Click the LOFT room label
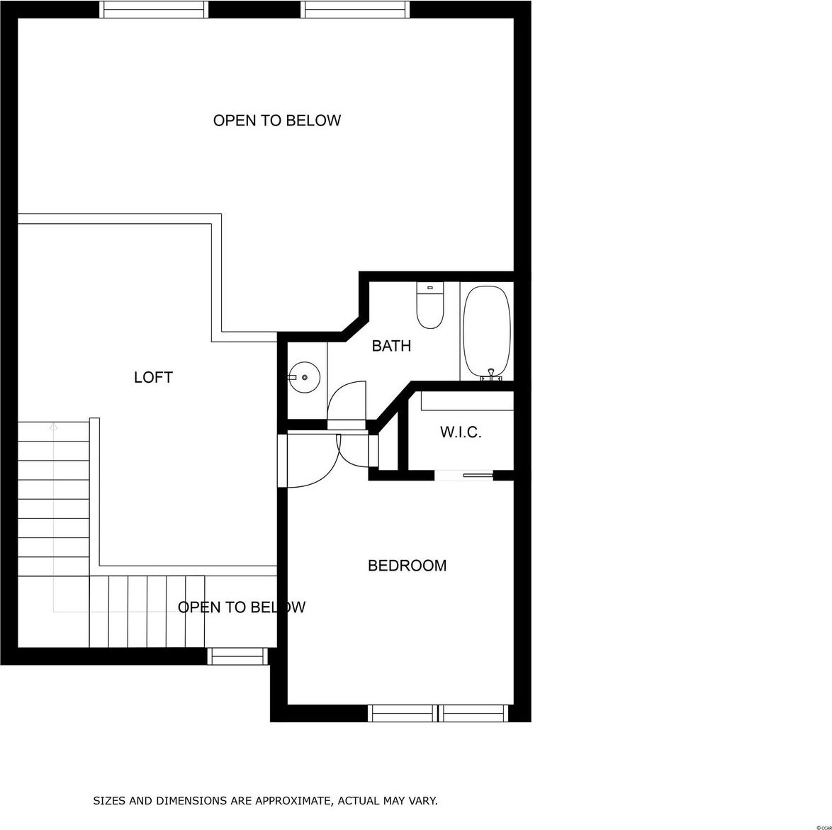coord(153,377)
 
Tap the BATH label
coord(392,346)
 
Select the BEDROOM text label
coord(407,566)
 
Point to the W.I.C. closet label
coord(461,432)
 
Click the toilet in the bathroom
coord(429,305)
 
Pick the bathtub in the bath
coord(487,332)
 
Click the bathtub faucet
coord(491,375)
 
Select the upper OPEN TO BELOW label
coord(277,120)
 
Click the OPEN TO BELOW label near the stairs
coord(242,607)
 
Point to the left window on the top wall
coord(154,9)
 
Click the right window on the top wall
coord(356,9)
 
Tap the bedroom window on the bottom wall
coord(438,713)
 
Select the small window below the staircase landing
coord(237,656)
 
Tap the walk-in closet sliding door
coord(464,476)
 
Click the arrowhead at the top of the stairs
coord(53,425)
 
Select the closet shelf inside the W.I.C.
coord(468,401)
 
